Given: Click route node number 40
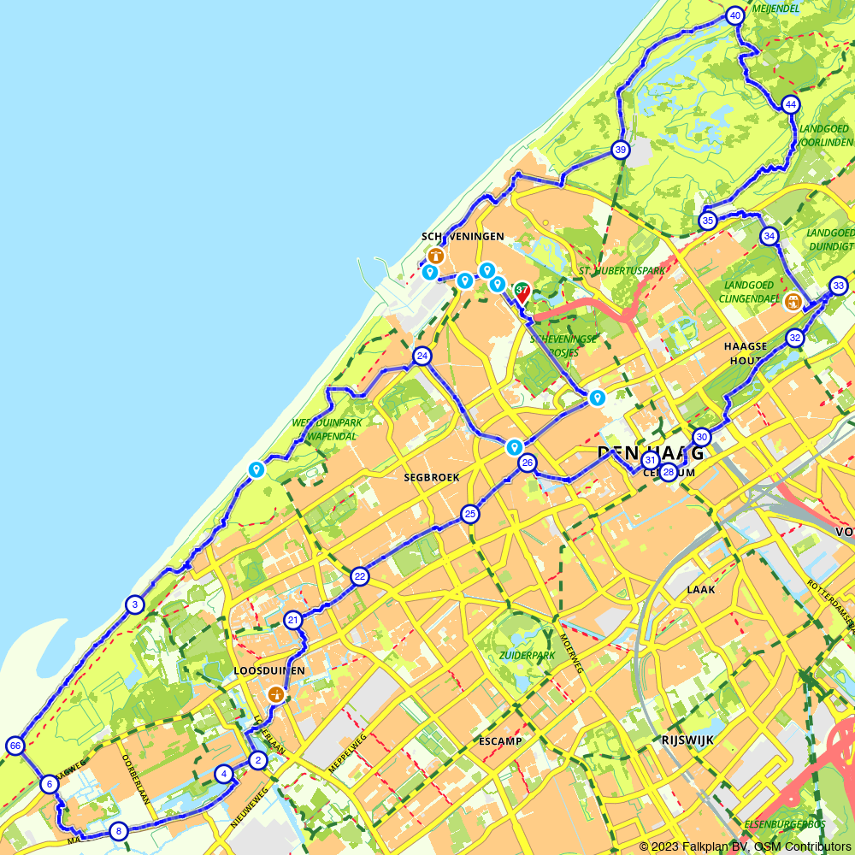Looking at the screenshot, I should (x=734, y=16).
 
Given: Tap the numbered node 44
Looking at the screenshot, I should (x=790, y=105).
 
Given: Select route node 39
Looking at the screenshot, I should (x=621, y=150).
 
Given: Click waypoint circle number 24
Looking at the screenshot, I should (x=422, y=356).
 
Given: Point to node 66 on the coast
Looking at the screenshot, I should (x=15, y=746).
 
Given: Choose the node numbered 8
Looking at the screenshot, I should (x=118, y=830).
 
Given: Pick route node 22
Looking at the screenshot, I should (x=360, y=577).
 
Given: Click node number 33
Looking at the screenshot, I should (x=838, y=286).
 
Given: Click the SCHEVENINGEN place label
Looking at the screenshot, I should (x=463, y=236).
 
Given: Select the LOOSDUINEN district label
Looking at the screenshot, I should (x=269, y=671).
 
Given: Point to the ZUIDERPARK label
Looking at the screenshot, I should (x=528, y=656).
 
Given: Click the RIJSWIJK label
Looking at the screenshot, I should (x=687, y=738).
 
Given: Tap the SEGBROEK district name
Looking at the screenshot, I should (x=432, y=477).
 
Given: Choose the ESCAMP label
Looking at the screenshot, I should (x=501, y=740).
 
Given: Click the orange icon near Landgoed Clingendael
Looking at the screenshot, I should (x=793, y=301).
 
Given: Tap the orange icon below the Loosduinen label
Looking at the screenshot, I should (x=275, y=694).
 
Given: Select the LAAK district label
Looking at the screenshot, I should (x=700, y=590).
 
